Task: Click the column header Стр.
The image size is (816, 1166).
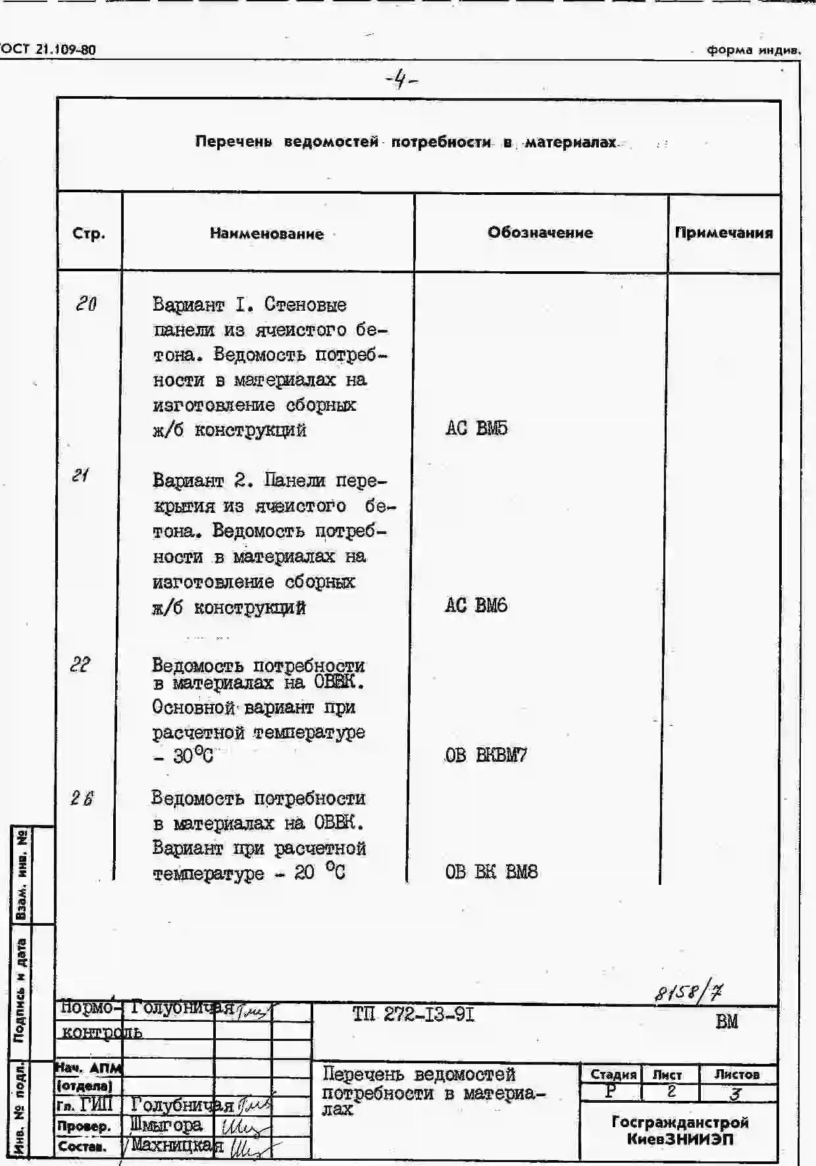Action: point(89,234)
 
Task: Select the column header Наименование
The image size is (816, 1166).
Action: point(267,234)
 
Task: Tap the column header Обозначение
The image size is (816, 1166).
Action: point(540,232)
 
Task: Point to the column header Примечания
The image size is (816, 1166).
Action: point(724,232)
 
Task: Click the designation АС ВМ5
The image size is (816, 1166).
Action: point(476,429)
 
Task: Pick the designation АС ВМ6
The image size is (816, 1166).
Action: point(476,606)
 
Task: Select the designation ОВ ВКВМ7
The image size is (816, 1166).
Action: point(486,755)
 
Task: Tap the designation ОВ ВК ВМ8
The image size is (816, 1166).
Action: point(491,872)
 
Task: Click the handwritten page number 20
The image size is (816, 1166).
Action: point(86,304)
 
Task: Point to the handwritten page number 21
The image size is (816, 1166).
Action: point(80,475)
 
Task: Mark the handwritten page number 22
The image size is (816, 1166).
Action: point(80,665)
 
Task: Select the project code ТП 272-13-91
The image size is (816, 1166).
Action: point(413,1015)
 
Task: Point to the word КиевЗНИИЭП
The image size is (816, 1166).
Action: point(680,1139)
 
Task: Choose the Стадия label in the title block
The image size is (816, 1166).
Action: point(613,1074)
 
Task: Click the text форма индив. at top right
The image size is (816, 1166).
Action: point(753,50)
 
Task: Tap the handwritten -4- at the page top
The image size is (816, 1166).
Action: point(401,80)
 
